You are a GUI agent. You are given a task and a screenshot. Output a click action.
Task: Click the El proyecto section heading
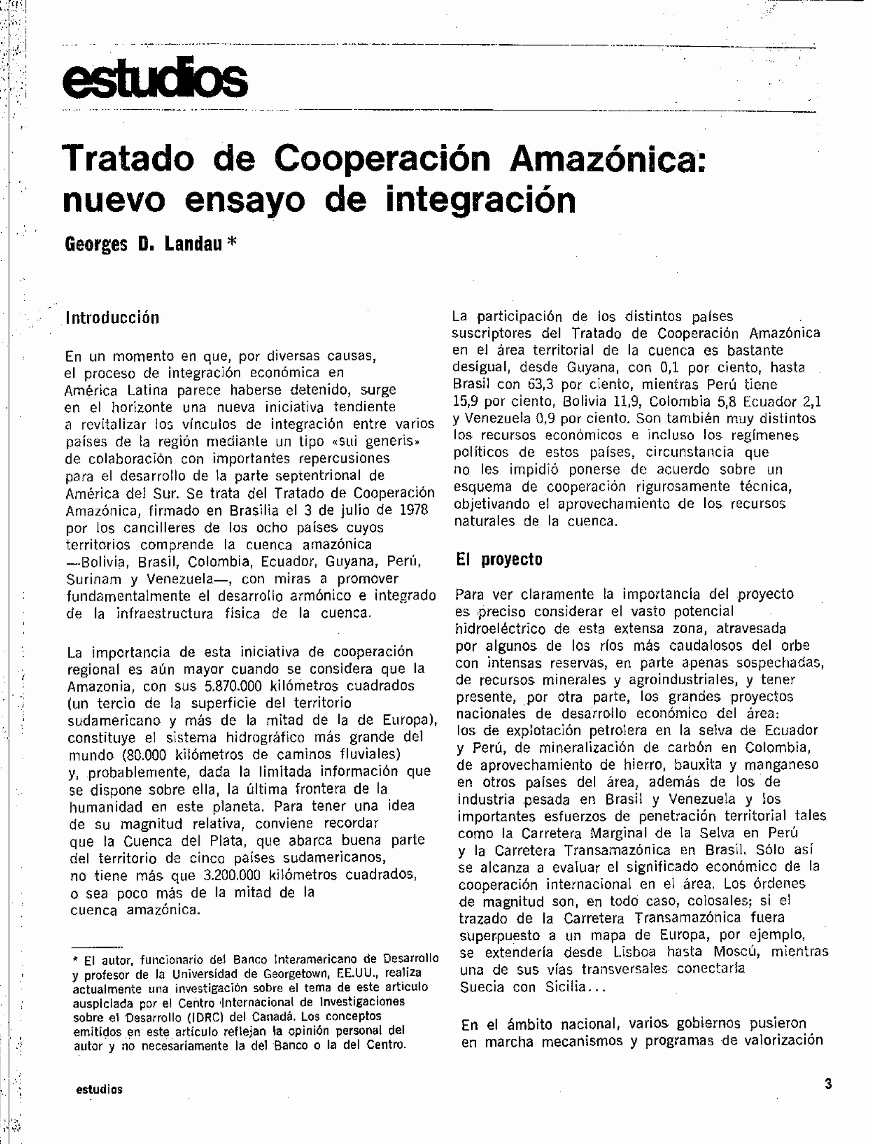(499, 560)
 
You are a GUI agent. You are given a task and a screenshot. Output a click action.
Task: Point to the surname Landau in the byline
(194, 244)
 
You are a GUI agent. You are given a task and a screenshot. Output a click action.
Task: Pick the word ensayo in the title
(245, 202)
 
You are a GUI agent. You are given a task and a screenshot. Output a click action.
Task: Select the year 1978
(414, 510)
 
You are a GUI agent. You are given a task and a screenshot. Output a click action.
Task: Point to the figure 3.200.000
(232, 875)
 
